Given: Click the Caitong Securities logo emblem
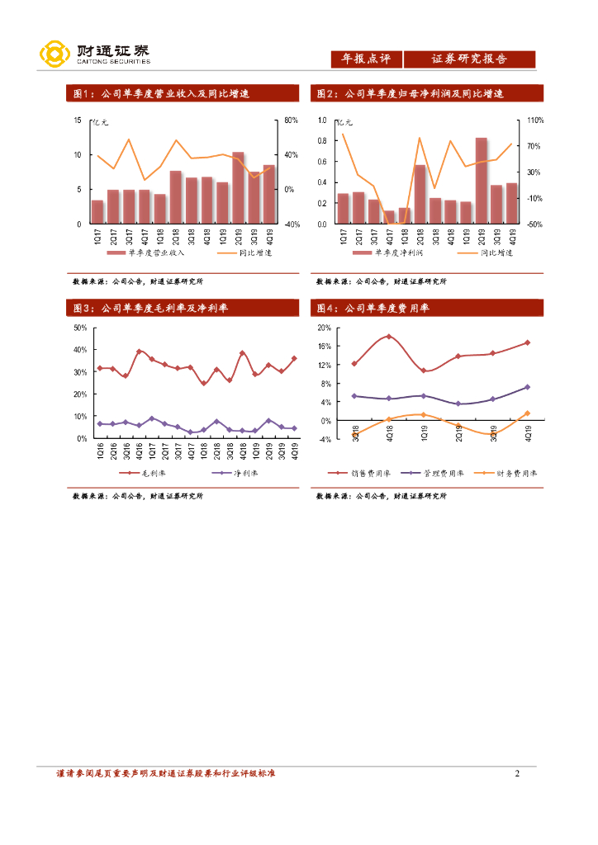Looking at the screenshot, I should [x=54, y=55].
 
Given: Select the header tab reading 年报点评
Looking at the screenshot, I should [x=367, y=59].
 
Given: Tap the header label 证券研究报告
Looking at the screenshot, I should [x=469, y=59].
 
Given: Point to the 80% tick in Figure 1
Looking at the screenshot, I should [x=291, y=120].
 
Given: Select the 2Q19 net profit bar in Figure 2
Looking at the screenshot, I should [x=481, y=181].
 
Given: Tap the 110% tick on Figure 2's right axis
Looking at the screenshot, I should [x=535, y=120].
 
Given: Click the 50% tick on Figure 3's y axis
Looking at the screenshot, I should [x=81, y=328].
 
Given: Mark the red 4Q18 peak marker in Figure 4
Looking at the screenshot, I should [x=388, y=337].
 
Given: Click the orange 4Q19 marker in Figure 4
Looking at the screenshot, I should [x=527, y=413].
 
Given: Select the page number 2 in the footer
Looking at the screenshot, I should [x=517, y=773].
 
